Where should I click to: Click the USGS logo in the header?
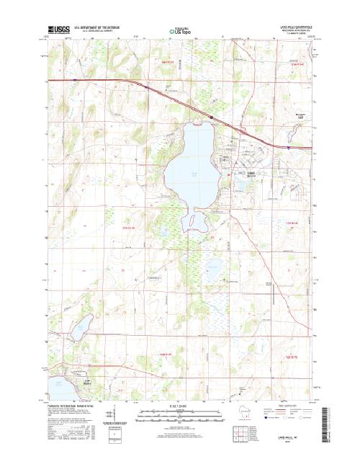54,32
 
